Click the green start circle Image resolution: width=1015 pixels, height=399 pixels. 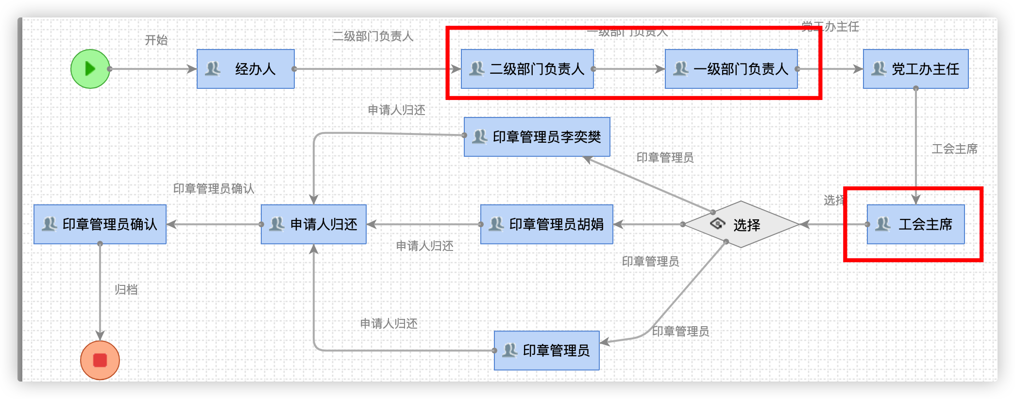pyautogui.click(x=90, y=69)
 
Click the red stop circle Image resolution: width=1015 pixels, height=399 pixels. pyautogui.click(x=100, y=360)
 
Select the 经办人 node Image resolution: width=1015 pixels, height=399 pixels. pyautogui.click(x=246, y=69)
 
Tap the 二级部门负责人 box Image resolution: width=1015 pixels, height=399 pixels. pyautogui.click(x=527, y=69)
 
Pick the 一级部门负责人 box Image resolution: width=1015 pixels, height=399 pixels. pyautogui.click(x=731, y=69)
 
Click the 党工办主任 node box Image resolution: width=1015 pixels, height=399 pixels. pyautogui.click(x=916, y=69)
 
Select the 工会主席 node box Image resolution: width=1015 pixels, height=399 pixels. pyautogui.click(x=916, y=224)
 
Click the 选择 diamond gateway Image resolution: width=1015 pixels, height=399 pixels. pyautogui.click(x=741, y=224)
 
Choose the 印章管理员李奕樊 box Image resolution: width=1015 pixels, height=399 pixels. pyautogui.click(x=537, y=137)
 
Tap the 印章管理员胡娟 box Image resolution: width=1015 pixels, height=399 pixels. pyautogui.click(x=547, y=224)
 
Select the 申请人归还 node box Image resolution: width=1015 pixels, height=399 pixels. pyautogui.click(x=314, y=224)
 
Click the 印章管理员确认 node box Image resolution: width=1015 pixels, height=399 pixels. pyautogui.click(x=100, y=224)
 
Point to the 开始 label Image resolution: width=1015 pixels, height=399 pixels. pyautogui.click(x=156, y=40)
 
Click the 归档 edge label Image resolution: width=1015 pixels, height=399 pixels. pyautogui.click(x=126, y=290)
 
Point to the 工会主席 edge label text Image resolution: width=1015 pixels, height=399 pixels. pyautogui.click(x=954, y=149)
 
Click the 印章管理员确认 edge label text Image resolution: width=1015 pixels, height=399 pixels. pyautogui.click(x=214, y=189)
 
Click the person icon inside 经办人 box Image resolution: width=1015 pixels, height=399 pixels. pyautogui.click(x=213, y=68)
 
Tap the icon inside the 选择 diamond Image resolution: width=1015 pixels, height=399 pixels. pyautogui.click(x=717, y=224)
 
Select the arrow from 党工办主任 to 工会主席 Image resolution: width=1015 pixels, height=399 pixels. pyautogui.click(x=916, y=146)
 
